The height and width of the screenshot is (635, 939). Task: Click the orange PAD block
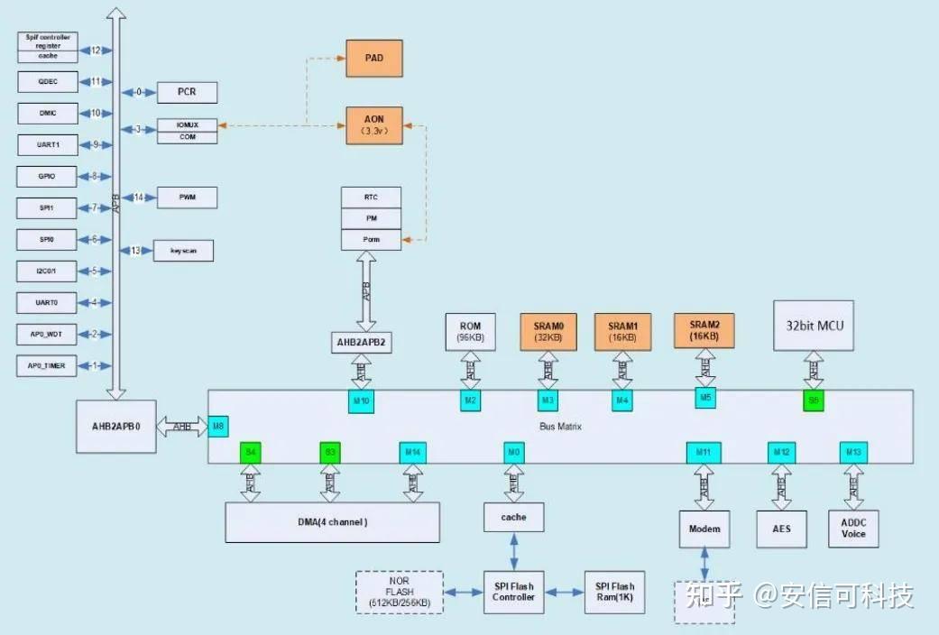tap(373, 58)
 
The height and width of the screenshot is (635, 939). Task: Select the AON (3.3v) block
tap(373, 124)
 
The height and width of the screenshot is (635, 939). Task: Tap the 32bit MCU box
tap(814, 325)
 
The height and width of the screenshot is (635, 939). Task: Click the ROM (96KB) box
tap(470, 331)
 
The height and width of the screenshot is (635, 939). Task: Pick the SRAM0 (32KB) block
tap(547, 331)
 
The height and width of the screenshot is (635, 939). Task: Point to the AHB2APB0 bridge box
tap(115, 427)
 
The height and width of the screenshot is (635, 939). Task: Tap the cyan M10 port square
tap(361, 401)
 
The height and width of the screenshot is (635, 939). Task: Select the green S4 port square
tap(250, 452)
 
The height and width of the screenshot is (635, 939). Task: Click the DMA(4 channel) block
tap(332, 522)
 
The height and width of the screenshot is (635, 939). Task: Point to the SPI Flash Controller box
tap(513, 592)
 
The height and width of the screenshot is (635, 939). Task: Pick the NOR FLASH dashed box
tap(400, 592)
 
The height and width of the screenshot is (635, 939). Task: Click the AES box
tap(781, 528)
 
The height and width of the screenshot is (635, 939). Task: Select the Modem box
tap(704, 529)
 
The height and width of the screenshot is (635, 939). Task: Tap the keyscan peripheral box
tap(184, 251)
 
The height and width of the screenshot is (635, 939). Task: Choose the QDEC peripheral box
tap(49, 81)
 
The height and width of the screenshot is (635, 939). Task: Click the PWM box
tap(187, 197)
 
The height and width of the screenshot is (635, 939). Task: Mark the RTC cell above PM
tap(371, 197)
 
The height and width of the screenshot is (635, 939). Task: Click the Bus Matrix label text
tap(559, 425)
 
